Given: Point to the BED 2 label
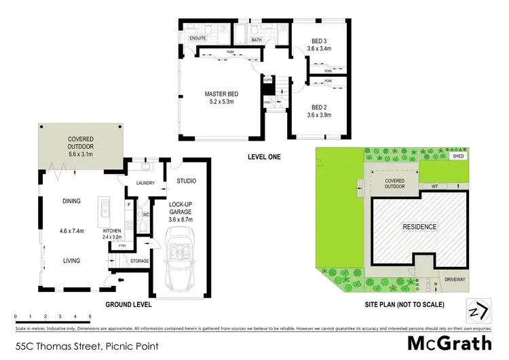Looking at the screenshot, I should coord(319,107).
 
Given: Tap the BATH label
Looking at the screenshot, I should coord(257,40).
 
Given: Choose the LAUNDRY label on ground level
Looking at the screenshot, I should coord(146,183).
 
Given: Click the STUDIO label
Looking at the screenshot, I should coord(186,181).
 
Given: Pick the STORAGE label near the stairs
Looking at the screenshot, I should coord(140,260).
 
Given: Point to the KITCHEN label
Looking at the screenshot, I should coord(112,230).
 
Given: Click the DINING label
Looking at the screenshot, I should coord(71,201).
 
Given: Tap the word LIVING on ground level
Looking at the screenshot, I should coord(71,260).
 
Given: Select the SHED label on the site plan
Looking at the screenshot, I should coord(459,156).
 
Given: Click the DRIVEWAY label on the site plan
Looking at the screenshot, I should coord(449,277).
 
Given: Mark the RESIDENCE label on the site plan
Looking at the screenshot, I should coord(420,226).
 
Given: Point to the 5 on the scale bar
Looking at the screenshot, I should coord(90,317).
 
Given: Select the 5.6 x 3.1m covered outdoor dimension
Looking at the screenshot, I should coord(80,154).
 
